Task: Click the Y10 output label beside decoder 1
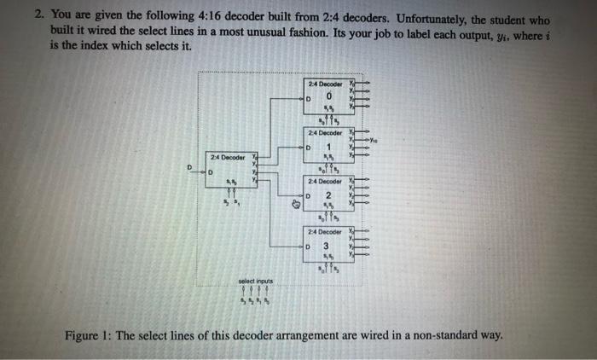click(x=374, y=141)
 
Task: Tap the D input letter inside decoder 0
click(x=310, y=99)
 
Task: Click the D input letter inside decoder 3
click(x=310, y=247)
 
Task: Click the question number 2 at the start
click(x=38, y=18)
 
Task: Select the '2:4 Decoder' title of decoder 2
click(x=324, y=182)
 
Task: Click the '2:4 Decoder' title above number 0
click(x=324, y=84)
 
